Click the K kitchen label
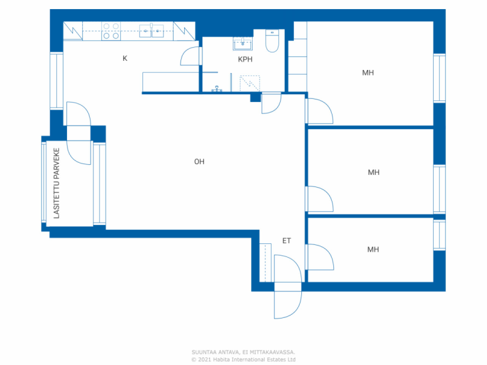coord(125,58)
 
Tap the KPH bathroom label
coord(245,59)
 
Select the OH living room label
coord(199,162)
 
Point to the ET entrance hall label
coord(286,241)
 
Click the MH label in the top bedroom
coord(368,73)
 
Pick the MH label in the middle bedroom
coord(373,172)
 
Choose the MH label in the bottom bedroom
coord(373,249)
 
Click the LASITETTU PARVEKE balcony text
coord(57,183)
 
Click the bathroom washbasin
coord(242,44)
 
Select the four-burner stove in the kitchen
coord(111,31)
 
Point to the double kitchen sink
coord(151,31)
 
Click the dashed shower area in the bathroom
coord(250,83)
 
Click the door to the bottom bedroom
coord(320,257)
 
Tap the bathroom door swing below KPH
coord(271,103)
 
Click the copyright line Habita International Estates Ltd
coord(243,359)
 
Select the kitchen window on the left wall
coord(56,81)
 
